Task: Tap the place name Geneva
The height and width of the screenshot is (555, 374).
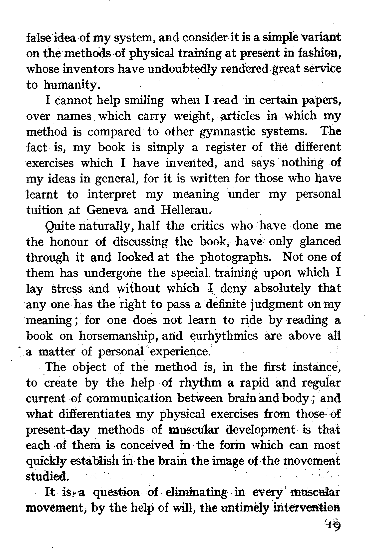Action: [x=107, y=210]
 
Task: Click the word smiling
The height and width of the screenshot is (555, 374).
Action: [x=144, y=101]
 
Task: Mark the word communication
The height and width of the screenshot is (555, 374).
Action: [x=129, y=399]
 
